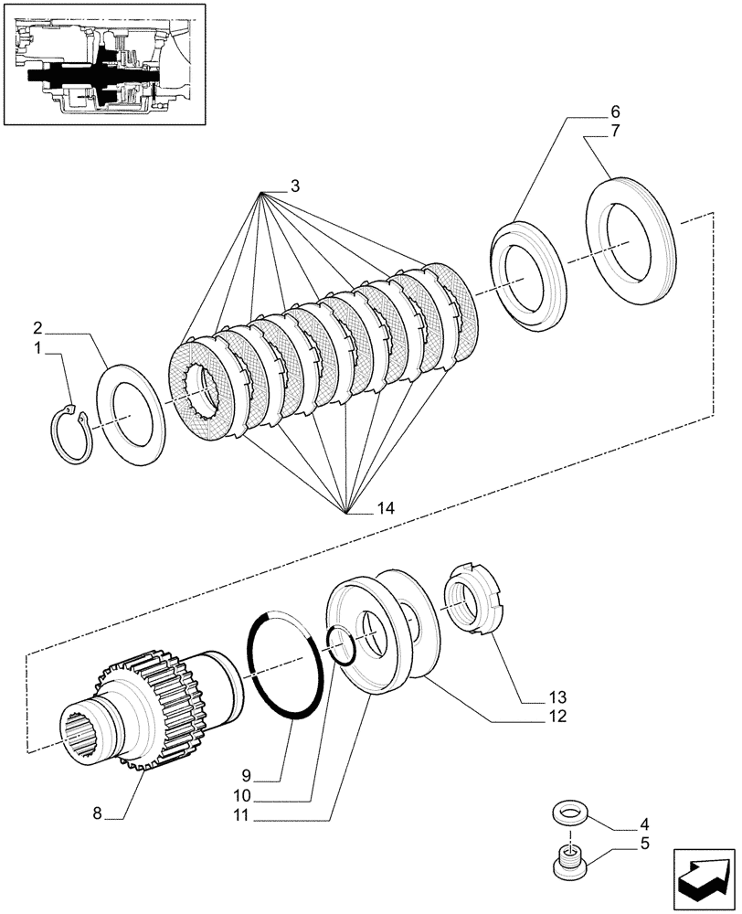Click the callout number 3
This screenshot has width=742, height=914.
pyautogui.click(x=295, y=186)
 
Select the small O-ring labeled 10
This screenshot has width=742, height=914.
pyautogui.click(x=341, y=646)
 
